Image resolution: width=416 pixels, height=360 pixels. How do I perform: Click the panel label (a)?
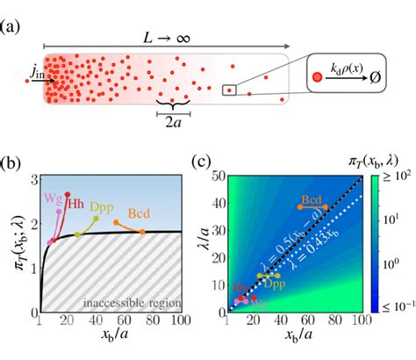(12, 11)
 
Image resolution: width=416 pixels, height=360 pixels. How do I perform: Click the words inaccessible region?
(132, 304)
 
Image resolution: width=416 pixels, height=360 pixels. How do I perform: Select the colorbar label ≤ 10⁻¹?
(397, 306)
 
